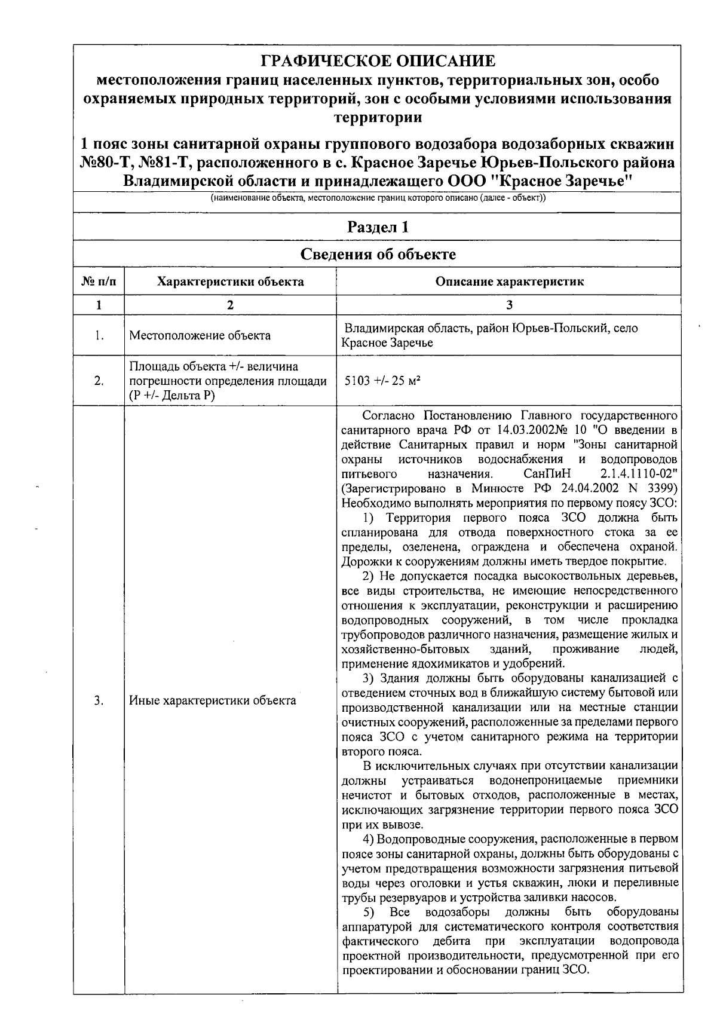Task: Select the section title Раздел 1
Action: (x=378, y=227)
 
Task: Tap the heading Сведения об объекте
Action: (x=378, y=255)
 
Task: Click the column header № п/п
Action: (x=99, y=281)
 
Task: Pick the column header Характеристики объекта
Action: (x=230, y=281)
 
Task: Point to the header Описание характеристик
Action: (x=509, y=281)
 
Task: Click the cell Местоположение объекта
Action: (x=200, y=335)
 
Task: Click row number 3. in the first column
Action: (x=99, y=700)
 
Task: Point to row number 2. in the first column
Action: (x=99, y=381)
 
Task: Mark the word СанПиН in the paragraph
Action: (x=547, y=475)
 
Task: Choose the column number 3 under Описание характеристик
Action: (x=509, y=305)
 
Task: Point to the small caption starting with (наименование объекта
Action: (x=378, y=198)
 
